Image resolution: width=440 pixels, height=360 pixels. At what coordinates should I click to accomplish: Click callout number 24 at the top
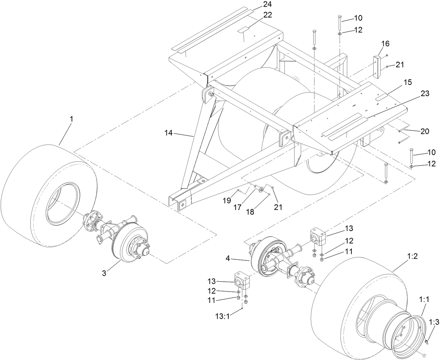267,5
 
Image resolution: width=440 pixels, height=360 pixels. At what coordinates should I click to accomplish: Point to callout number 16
385,44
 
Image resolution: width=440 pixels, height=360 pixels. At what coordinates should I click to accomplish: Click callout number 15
407,82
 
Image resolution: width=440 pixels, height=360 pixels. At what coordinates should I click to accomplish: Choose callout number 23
425,93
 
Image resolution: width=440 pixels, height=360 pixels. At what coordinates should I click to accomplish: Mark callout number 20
425,131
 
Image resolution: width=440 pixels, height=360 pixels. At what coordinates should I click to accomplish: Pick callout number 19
227,200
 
